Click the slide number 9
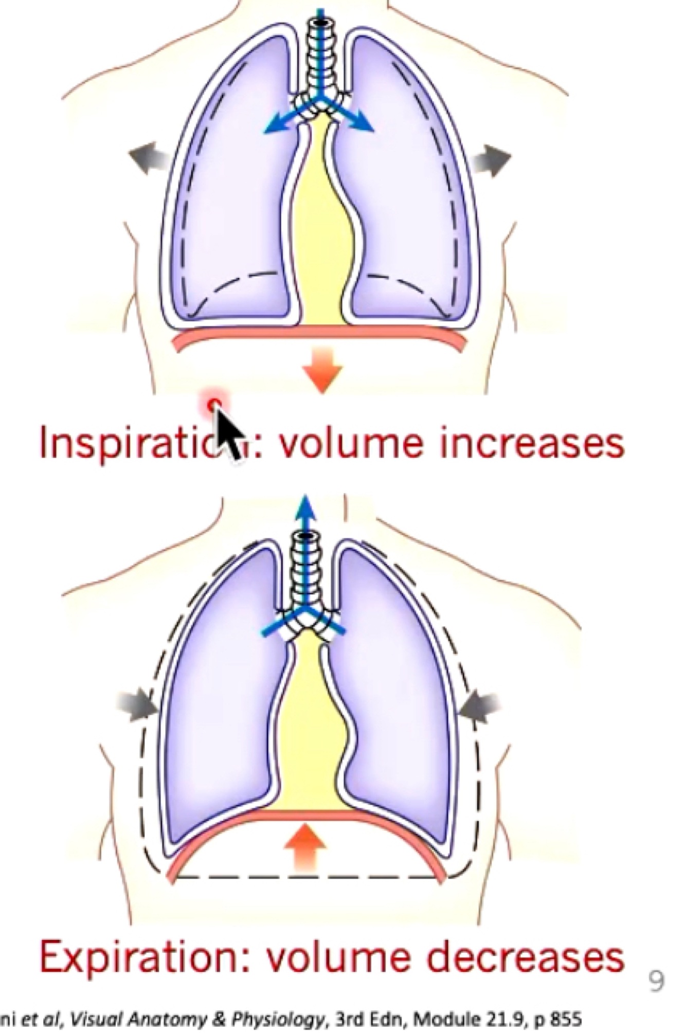pyautogui.click(x=656, y=981)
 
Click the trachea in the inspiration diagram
pyautogui.click(x=320, y=57)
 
